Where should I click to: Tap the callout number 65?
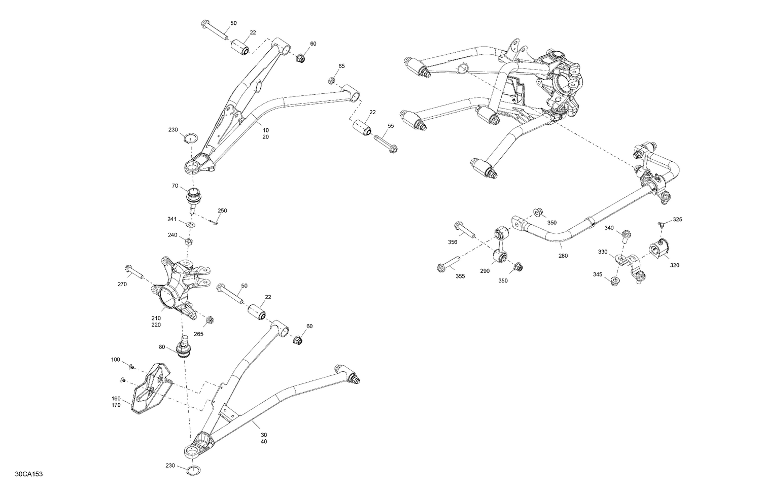[341, 66]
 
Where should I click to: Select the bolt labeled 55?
[386, 143]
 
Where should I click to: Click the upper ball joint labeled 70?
[194, 196]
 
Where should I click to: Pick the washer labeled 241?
[190, 225]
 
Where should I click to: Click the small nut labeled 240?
[188, 241]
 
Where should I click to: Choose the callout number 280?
[563, 256]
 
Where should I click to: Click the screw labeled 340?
[625, 234]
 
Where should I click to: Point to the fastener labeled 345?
[615, 282]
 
